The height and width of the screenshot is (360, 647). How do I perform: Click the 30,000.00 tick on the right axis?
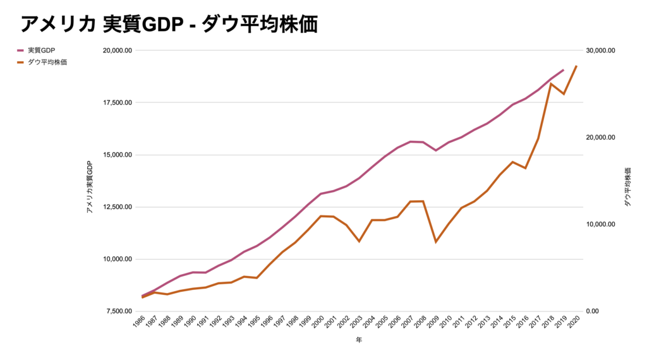[597, 51]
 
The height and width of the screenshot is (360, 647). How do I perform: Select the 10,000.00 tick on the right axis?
[597, 224]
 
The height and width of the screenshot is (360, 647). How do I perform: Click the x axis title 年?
[359, 340]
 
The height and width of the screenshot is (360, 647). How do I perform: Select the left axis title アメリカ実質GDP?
[90, 186]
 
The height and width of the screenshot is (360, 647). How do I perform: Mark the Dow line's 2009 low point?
[436, 242]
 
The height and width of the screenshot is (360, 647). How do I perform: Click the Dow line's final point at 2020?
[576, 66]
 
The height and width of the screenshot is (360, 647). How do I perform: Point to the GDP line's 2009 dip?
[436, 150]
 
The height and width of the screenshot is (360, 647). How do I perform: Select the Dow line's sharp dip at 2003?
[360, 241]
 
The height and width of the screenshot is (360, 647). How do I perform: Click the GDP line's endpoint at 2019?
[563, 70]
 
